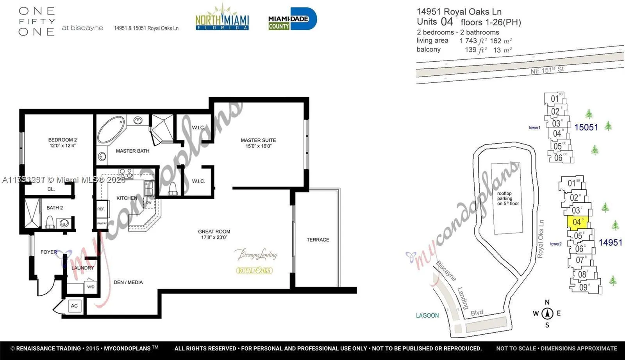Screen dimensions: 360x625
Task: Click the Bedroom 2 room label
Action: click(x=62, y=143)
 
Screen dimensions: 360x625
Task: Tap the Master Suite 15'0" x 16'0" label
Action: click(x=258, y=143)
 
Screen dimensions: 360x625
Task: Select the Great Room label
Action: click(x=214, y=234)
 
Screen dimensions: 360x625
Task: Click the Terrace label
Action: click(x=318, y=240)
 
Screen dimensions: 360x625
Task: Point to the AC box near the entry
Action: click(x=74, y=306)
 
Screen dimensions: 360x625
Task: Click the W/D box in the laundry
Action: click(x=91, y=287)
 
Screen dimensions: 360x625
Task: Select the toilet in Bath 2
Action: click(x=50, y=222)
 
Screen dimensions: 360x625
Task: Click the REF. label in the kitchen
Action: click(x=101, y=209)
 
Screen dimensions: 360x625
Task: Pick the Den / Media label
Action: click(x=128, y=282)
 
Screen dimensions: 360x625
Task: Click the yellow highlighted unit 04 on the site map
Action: click(x=577, y=222)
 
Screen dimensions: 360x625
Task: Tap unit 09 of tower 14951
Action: click(x=583, y=287)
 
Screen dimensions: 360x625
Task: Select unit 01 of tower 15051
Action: click(x=555, y=99)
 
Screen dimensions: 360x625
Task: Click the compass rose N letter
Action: click(x=547, y=302)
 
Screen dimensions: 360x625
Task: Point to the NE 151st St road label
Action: click(x=547, y=70)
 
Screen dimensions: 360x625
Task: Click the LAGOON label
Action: click(x=427, y=315)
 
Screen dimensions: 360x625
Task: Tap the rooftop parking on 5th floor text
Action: click(x=508, y=198)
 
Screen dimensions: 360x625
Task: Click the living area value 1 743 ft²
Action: click(x=473, y=41)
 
